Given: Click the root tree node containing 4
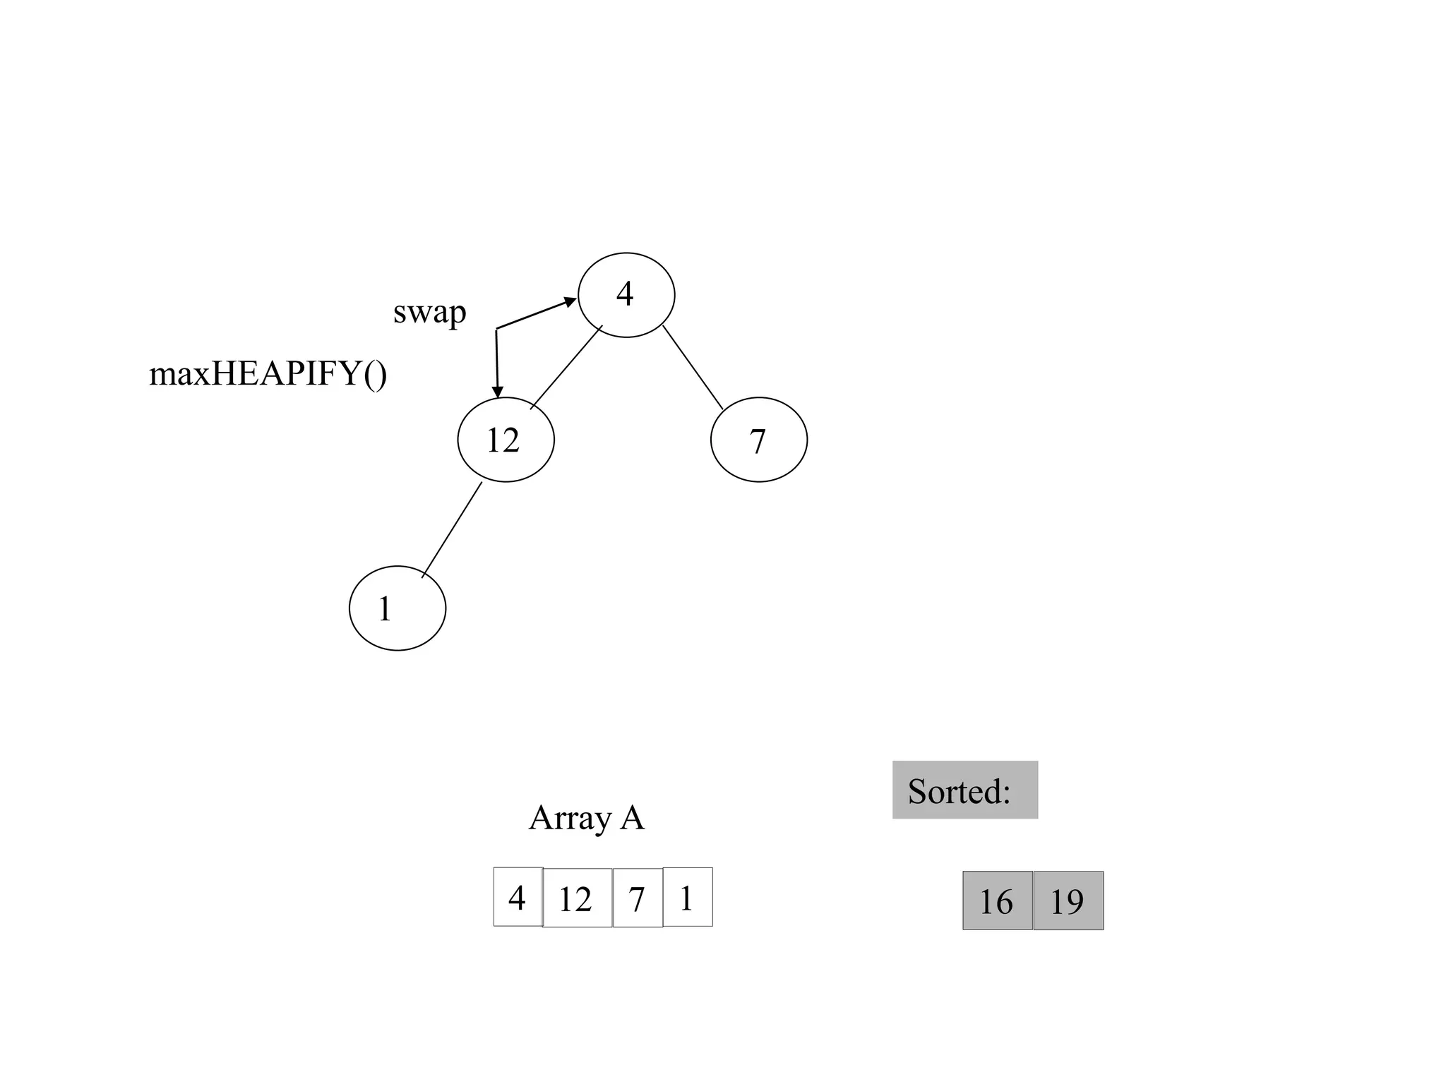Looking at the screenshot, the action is click(x=626, y=295).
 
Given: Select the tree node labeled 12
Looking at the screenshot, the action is click(x=506, y=440).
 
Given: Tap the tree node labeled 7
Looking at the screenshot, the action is click(x=758, y=440).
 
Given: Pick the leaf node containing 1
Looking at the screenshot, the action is click(x=398, y=608).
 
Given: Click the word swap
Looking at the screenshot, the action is click(x=429, y=312).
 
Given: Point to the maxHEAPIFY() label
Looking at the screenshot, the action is click(x=268, y=373).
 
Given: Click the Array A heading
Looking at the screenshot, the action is click(x=586, y=818).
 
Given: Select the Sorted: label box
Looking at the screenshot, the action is click(x=964, y=790).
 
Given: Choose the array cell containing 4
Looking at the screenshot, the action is click(x=518, y=897).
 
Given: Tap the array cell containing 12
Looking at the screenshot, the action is click(x=577, y=898).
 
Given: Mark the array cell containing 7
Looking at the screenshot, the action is click(x=638, y=898).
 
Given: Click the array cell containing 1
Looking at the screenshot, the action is click(x=688, y=897).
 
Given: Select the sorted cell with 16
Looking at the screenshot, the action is click(x=997, y=901).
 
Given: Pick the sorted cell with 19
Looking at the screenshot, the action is click(x=1068, y=901).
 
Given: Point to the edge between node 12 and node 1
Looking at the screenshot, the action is click(x=452, y=529).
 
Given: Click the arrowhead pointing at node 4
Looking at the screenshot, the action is click(x=570, y=301).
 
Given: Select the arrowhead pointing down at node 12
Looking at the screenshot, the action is click(x=498, y=392).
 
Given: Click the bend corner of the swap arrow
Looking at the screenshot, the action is click(x=496, y=329).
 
